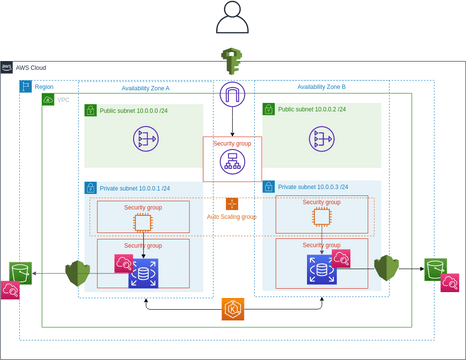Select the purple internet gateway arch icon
pyautogui.click(x=232, y=96)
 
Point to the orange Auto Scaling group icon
pyautogui.click(x=232, y=203)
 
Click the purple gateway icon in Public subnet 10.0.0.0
pyautogui.click(x=148, y=139)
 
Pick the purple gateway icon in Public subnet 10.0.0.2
pyautogui.click(x=322, y=139)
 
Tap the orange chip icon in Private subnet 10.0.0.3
pyautogui.click(x=321, y=217)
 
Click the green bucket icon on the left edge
pyautogui.click(x=19, y=271)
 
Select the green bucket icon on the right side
pyautogui.click(x=434, y=268)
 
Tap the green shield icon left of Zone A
pyautogui.click(x=78, y=273)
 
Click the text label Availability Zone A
pyautogui.click(x=146, y=88)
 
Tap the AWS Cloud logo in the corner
pyautogui.click(x=8, y=67)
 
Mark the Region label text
pyautogui.click(x=44, y=88)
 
